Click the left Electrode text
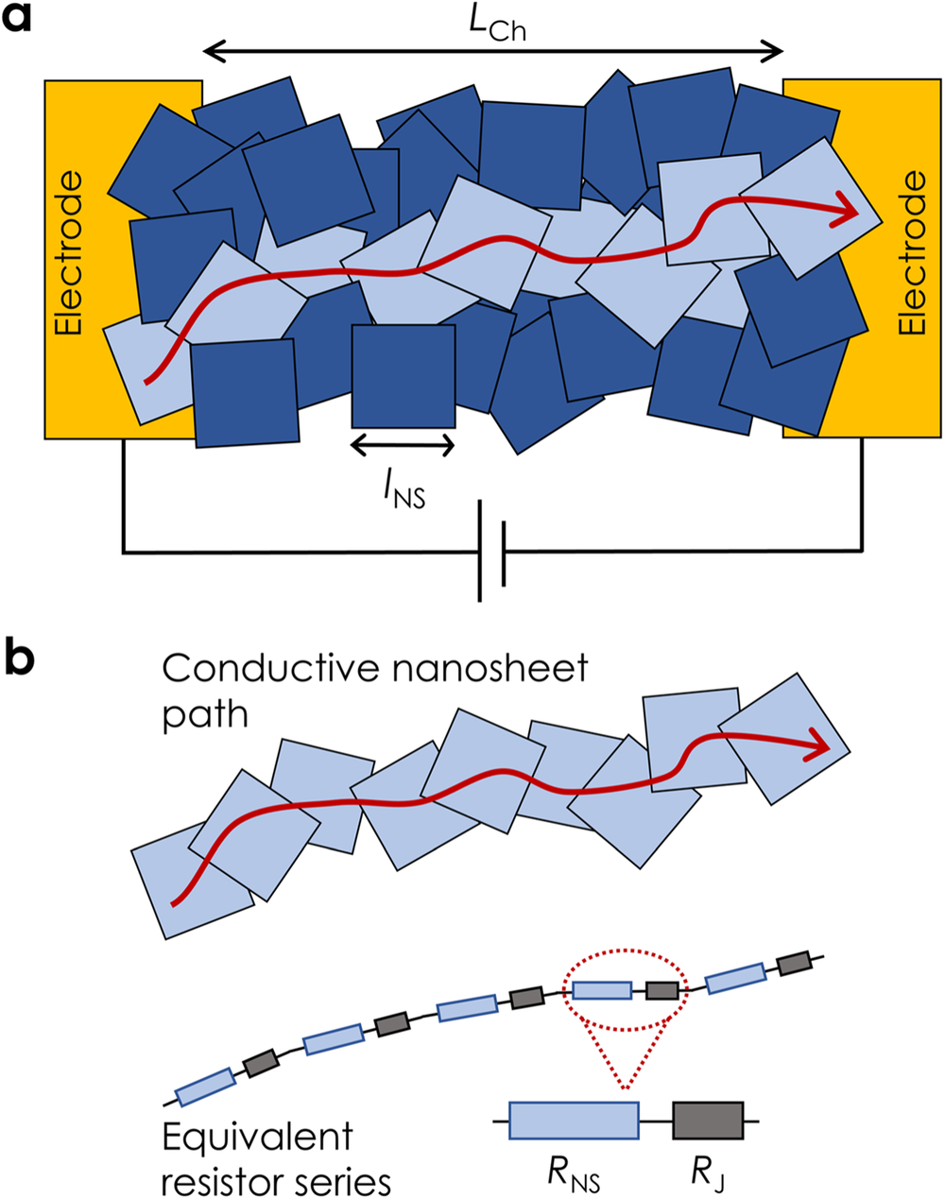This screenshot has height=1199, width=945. point(69,253)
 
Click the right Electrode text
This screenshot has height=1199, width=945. point(912,253)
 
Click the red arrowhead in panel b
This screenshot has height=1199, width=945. point(817,746)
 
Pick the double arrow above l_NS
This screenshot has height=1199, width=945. point(403,444)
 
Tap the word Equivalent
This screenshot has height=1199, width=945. point(257,1137)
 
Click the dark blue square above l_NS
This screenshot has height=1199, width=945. point(404,376)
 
